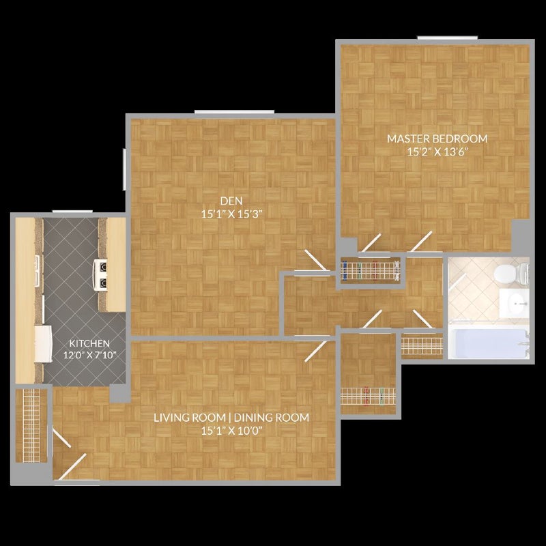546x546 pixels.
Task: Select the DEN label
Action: coord(229,201)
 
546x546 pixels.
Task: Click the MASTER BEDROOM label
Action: coord(437,139)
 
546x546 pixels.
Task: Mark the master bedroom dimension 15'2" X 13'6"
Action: coord(437,151)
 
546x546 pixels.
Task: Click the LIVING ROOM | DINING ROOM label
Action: coord(231,418)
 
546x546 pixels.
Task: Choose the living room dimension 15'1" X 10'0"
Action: coord(231,430)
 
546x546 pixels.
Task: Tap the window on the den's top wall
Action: coord(234,111)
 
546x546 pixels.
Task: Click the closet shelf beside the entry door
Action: coord(30,423)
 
